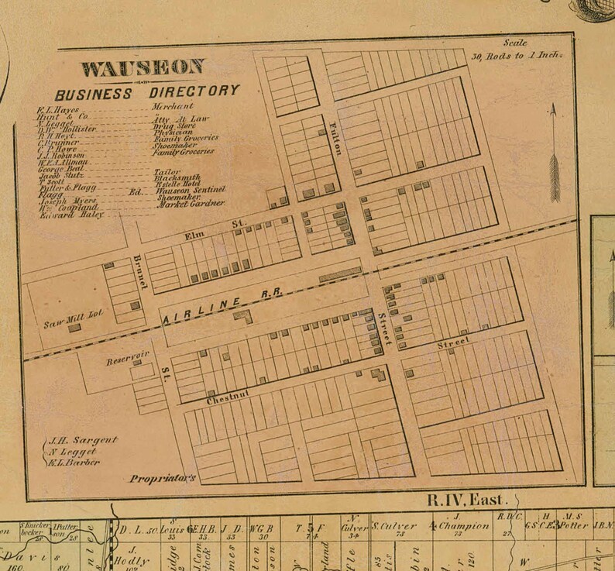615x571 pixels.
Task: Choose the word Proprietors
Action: click(x=166, y=476)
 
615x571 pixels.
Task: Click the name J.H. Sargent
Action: click(x=81, y=440)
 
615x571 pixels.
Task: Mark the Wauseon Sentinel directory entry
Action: click(x=190, y=189)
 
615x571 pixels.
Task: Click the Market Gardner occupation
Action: click(x=189, y=204)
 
